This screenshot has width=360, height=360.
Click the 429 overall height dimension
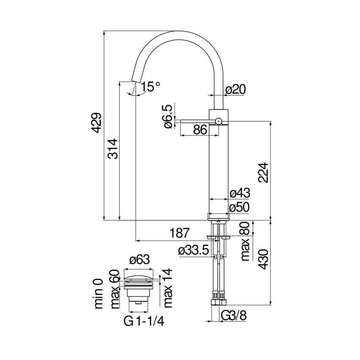(x=97, y=123)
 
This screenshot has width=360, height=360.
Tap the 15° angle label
(x=151, y=86)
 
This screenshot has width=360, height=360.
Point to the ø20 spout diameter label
(x=235, y=89)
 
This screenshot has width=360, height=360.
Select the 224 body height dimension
(x=263, y=172)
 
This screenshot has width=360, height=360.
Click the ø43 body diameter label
(x=239, y=193)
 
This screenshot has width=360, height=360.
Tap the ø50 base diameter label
(x=239, y=207)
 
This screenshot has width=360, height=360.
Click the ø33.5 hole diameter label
(x=194, y=250)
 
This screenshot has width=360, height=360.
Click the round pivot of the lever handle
(x=218, y=121)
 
